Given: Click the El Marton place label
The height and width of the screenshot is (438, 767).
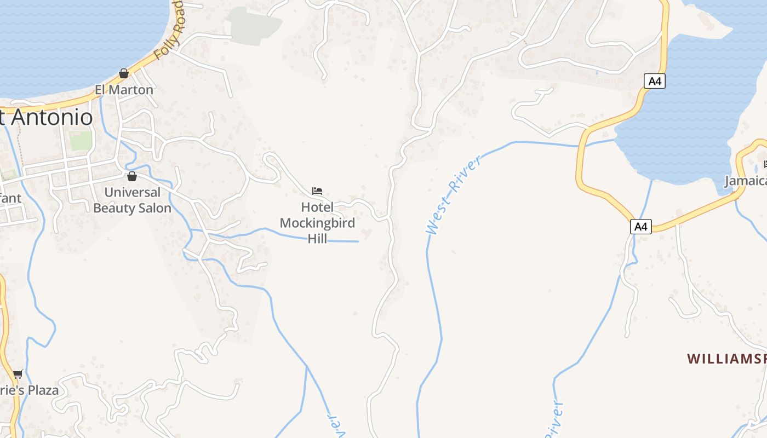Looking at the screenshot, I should pyautogui.click(x=124, y=89).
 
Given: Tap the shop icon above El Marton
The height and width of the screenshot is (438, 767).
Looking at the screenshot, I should pyautogui.click(x=124, y=73).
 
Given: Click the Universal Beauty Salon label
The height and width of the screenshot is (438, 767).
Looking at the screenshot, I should pyautogui.click(x=132, y=200).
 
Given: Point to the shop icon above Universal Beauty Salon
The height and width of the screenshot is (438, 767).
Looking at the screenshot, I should pyautogui.click(x=131, y=176).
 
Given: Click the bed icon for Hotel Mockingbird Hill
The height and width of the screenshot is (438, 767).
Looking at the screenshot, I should pyautogui.click(x=317, y=191).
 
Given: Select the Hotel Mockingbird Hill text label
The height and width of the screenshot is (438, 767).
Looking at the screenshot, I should pyautogui.click(x=317, y=223).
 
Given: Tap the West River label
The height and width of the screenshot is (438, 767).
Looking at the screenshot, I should pyautogui.click(x=454, y=195).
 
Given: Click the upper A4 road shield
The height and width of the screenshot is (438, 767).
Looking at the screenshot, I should pyautogui.click(x=655, y=82).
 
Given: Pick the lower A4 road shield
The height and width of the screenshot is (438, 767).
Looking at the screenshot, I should pyautogui.click(x=640, y=226).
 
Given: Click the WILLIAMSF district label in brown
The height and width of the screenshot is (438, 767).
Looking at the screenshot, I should pyautogui.click(x=726, y=359).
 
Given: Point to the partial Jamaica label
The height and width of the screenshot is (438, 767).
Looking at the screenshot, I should pyautogui.click(x=746, y=181).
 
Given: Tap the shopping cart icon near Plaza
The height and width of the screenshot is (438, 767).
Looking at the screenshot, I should pyautogui.click(x=18, y=374).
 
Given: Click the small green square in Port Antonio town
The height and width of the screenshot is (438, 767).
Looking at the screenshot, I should pyautogui.click(x=80, y=141).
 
